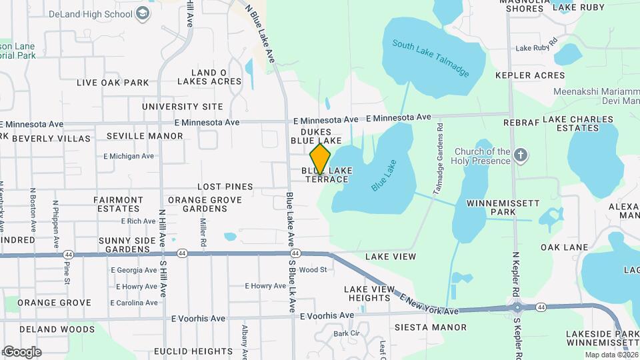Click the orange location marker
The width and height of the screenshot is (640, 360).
tap(321, 159)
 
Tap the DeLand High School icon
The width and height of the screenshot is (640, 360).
tap(143, 13)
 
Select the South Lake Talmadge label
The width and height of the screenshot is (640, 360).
tap(430, 58)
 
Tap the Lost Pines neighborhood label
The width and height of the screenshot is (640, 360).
tap(225, 187)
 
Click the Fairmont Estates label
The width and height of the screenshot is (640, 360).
tap(118, 204)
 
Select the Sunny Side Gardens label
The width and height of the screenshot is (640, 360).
tap(124, 245)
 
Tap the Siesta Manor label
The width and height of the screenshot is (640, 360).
tap(431, 327)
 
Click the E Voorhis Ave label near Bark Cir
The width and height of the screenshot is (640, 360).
tap(327, 315)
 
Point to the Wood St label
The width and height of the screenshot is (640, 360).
tap(313, 270)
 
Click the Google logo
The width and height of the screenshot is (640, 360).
tap(21, 352)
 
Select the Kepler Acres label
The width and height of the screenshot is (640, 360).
tap(530, 75)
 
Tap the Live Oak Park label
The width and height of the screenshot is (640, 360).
tap(113, 83)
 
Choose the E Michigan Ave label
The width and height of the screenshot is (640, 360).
tap(129, 156)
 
